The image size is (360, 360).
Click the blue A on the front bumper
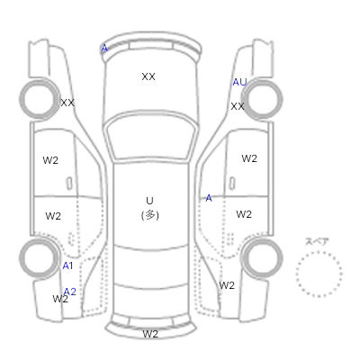point(104,48)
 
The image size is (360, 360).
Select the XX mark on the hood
point(148,76)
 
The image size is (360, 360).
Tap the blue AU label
point(239,82)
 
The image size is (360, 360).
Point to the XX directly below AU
point(238,106)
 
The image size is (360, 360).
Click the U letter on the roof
point(149,201)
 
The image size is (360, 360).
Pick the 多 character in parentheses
point(150,215)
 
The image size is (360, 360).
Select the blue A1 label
point(67,265)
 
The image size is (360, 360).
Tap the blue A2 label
point(70,292)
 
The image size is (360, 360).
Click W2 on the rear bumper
point(150,334)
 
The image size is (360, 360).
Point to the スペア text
point(317,242)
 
